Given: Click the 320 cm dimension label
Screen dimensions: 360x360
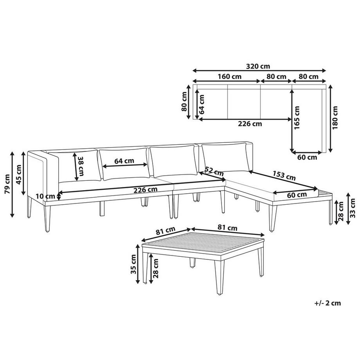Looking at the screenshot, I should (259, 66).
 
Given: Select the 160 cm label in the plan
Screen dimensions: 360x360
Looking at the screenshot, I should (230, 77).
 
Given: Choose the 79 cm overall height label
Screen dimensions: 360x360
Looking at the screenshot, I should (7, 184).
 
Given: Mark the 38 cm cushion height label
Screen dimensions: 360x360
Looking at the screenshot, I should (81, 166).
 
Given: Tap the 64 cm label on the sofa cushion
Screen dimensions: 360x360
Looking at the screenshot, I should (124, 161).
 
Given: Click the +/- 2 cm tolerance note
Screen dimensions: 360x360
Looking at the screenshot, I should (327, 302).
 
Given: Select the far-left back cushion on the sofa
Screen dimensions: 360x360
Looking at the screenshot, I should (74, 166).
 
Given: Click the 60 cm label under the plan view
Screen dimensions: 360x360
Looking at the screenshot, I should (307, 157).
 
